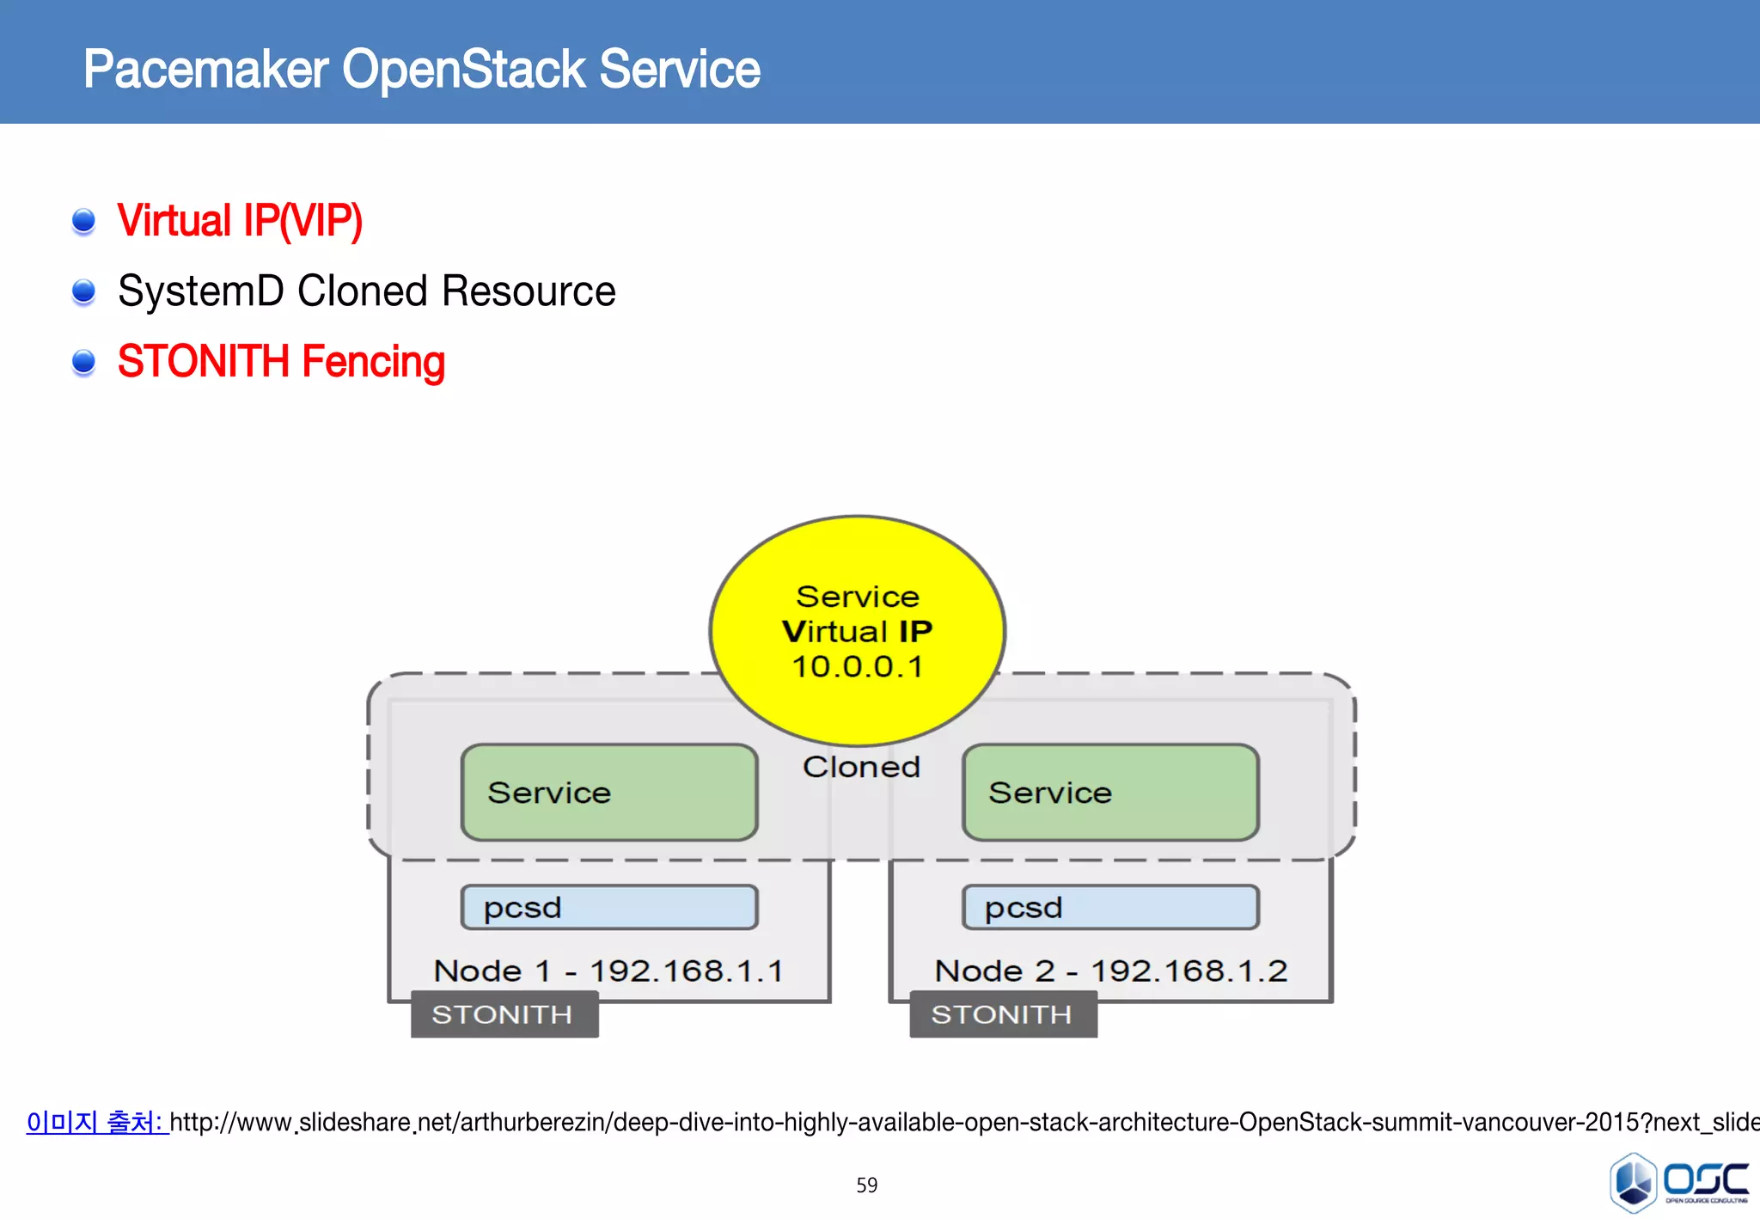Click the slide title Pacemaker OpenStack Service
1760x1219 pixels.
(x=421, y=70)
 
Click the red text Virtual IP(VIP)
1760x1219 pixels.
(x=240, y=221)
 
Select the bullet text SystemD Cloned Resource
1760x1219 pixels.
(x=366, y=291)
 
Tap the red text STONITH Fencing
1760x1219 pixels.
(x=281, y=362)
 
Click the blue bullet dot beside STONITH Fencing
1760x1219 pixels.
(x=83, y=363)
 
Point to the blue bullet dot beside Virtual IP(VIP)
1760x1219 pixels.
(x=83, y=221)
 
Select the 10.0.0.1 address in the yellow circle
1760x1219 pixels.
(x=857, y=667)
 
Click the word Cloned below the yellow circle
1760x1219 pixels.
(x=861, y=767)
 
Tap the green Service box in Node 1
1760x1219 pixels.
(x=608, y=793)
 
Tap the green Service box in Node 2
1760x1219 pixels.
(x=1110, y=793)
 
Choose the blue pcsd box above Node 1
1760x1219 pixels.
(x=608, y=908)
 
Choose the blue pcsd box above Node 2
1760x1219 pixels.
(x=1110, y=908)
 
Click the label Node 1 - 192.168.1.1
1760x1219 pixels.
(x=608, y=971)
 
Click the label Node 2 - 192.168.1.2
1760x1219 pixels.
(x=1110, y=971)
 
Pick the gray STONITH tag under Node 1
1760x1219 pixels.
(x=504, y=1014)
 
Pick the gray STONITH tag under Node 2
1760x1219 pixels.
(x=1003, y=1014)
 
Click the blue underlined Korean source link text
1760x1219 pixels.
(x=95, y=1122)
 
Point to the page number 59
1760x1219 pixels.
(x=866, y=1185)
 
